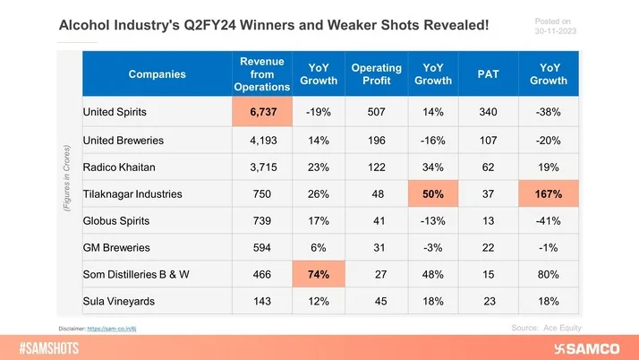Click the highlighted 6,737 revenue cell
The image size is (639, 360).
[x=259, y=113]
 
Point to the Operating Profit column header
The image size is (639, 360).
[x=376, y=74]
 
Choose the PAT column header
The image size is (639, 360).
[x=488, y=74]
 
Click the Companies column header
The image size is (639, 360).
[x=158, y=74]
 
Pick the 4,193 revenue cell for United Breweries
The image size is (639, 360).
[x=259, y=141]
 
